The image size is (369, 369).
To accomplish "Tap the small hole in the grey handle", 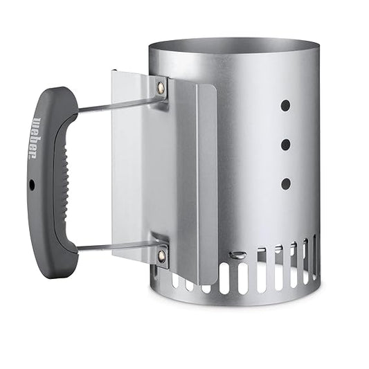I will point(32,184).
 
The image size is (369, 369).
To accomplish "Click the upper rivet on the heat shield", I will point(161,88).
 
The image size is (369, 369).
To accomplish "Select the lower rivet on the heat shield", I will point(161,255).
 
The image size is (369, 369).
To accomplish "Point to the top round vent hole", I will point(285,105).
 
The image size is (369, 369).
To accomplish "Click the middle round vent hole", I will point(285,145).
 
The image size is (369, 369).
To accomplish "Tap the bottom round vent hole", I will point(285,183).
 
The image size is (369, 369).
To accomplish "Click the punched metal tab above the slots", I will point(238,255).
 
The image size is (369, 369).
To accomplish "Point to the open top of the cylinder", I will point(234,48).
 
